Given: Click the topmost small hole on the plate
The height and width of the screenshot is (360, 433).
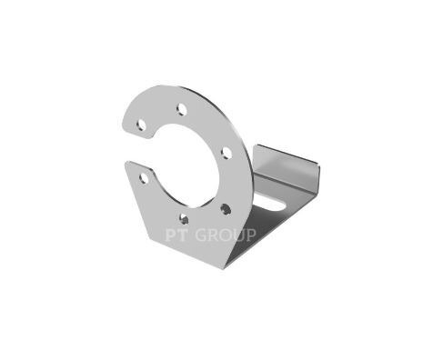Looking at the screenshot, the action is (182, 109).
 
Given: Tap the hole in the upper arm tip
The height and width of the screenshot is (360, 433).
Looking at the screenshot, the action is (141, 125).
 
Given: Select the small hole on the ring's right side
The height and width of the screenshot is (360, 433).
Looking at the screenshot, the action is (226, 153).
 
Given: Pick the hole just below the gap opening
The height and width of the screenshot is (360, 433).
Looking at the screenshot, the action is (144, 178).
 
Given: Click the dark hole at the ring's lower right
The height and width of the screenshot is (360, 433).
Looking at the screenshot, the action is (226, 209).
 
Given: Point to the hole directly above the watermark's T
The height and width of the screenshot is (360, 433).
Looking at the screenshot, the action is (184, 219).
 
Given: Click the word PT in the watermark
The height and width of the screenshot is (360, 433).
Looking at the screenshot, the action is (176, 235).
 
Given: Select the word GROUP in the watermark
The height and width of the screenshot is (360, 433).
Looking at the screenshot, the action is (226, 235).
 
